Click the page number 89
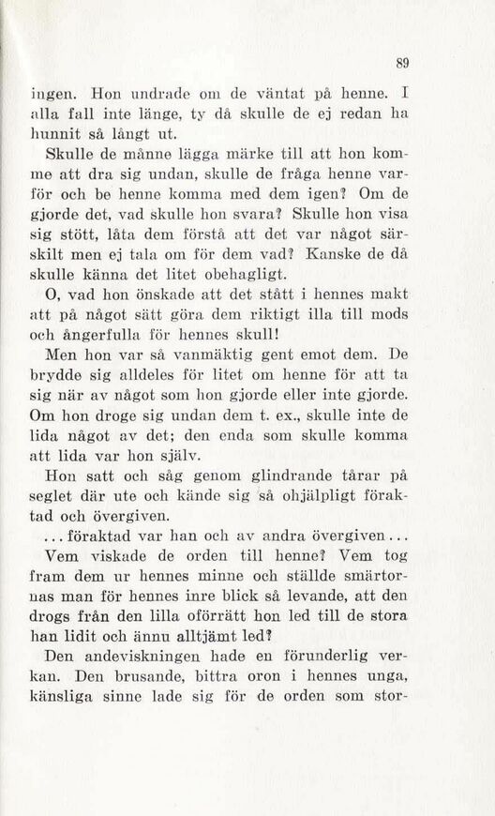(x=402, y=63)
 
